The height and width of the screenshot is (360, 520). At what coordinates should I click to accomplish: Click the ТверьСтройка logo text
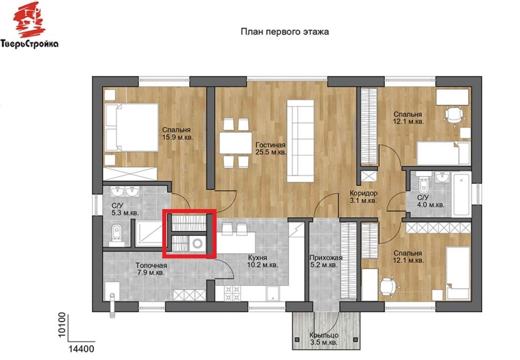coord(30,43)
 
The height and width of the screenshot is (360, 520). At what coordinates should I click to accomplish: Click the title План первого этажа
coord(285,32)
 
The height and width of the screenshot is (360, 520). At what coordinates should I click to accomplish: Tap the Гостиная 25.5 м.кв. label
coord(271,148)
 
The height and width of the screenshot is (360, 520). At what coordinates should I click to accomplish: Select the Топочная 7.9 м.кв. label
coord(151,269)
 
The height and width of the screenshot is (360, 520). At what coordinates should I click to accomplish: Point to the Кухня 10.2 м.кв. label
coord(262,261)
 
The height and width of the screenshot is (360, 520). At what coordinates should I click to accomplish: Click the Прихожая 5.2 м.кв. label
coord(326,261)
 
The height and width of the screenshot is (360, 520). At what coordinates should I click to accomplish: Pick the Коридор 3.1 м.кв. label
coord(364,197)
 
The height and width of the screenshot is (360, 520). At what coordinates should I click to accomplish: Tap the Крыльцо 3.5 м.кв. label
coord(324,339)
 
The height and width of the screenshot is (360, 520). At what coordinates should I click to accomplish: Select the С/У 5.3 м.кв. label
coord(125,209)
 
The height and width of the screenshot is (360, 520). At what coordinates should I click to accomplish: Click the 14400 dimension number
coord(81,349)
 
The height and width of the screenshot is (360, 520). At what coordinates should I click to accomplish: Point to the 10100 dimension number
coord(62,325)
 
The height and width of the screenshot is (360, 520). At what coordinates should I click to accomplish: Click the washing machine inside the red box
coord(198,244)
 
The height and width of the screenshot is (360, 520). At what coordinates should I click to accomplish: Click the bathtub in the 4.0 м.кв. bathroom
coord(462,194)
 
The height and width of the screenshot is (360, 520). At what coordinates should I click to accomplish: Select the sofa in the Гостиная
coord(300,141)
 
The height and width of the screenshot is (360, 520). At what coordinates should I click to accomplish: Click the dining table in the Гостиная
coord(235,143)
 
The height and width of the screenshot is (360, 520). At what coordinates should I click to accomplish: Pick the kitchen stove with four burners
coord(232,293)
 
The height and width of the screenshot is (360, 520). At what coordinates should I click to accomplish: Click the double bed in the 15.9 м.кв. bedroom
coord(131,128)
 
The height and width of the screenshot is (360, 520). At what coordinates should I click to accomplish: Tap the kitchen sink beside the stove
coord(273,293)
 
